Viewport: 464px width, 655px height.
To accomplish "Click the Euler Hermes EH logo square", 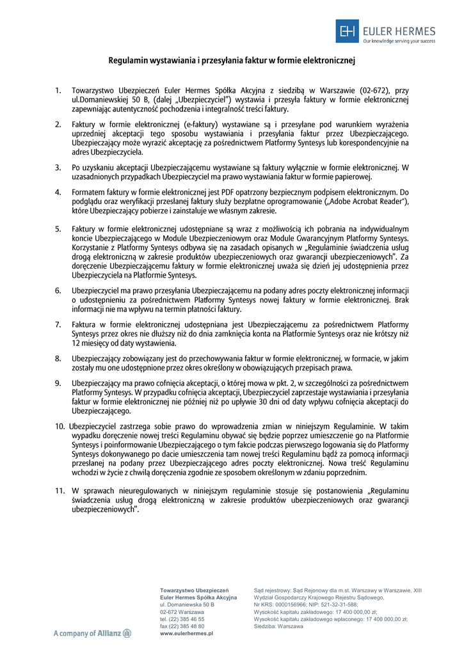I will coord(348,31).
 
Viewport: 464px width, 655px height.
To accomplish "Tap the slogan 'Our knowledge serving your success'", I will coord(399,40).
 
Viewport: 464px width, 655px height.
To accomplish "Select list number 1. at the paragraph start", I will coord(58,91).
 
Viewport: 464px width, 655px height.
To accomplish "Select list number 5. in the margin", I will coord(58,228).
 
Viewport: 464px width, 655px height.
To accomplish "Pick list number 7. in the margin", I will coord(58,324).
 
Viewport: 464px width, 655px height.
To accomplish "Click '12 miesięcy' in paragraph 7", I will coord(90,343).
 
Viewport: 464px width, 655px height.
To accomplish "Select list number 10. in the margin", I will coord(59,425).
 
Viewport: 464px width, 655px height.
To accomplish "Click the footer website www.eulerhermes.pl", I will coord(186,633).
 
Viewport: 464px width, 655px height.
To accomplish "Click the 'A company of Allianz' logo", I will coord(92,633).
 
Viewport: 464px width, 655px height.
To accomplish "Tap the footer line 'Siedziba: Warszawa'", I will coord(278,626).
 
